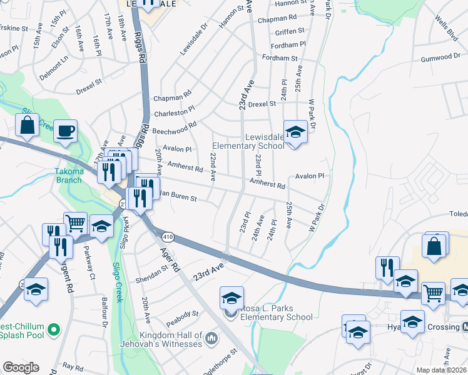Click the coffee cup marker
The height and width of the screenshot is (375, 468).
pyautogui.click(x=66, y=131)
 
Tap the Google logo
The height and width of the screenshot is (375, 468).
pyautogui.click(x=21, y=367)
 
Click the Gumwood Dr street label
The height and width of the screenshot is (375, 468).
pyautogui.click(x=440, y=57)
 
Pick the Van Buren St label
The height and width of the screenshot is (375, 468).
pyautogui.click(x=176, y=197)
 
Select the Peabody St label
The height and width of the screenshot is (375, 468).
pyautogui.click(x=182, y=315)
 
